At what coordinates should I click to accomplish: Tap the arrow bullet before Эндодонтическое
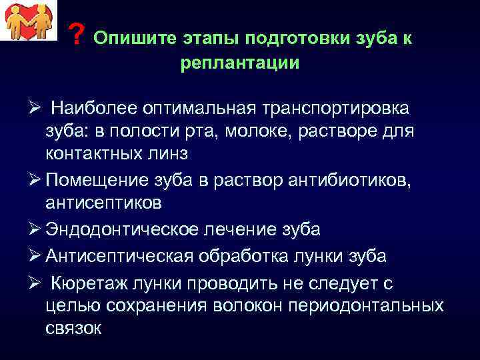click(x=37, y=229)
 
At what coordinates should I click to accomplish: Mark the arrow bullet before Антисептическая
click(x=37, y=256)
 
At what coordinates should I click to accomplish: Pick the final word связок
click(x=74, y=328)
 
